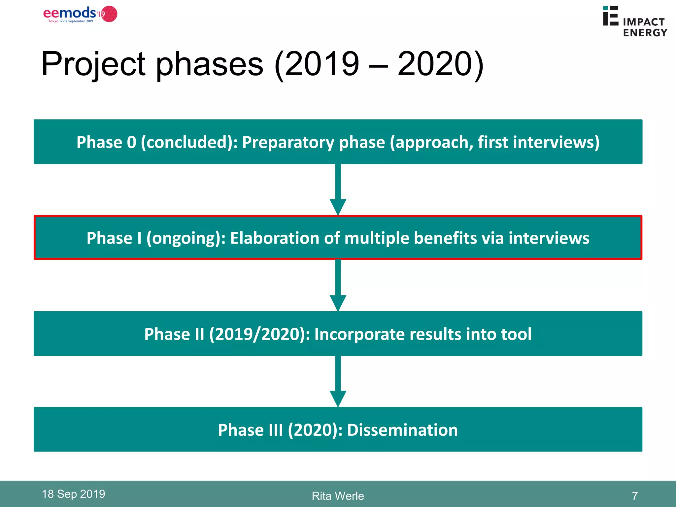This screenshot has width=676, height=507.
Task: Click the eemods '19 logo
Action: (80, 14)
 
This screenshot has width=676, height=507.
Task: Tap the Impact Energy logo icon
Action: (610, 16)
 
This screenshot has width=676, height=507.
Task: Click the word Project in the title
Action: (93, 64)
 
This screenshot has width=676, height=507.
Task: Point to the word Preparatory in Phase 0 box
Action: (288, 142)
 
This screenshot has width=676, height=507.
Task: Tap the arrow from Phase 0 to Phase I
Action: (338, 190)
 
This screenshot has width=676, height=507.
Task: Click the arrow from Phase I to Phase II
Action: (338, 286)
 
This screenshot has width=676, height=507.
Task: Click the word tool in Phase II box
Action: (516, 334)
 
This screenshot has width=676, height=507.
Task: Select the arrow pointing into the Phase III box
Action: (338, 381)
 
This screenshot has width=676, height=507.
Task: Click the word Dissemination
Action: (402, 430)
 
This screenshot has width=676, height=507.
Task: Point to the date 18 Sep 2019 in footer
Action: (73, 494)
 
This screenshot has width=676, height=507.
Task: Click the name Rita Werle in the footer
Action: (338, 496)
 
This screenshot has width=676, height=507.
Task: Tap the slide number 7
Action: (635, 496)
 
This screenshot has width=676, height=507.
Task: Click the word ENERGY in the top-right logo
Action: (645, 33)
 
